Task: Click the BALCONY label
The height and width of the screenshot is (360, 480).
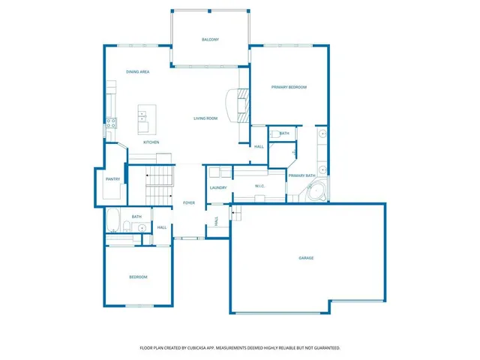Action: coord(210,40)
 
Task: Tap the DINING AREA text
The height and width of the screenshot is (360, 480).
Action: coord(137,72)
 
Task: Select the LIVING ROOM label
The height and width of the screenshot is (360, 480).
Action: coord(205,118)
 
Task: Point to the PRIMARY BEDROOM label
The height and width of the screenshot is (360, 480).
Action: coord(289,88)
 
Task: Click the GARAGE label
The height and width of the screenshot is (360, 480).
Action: coord(306,258)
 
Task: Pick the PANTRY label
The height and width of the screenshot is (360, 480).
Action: coord(112,179)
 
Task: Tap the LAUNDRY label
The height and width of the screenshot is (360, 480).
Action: coord(218,188)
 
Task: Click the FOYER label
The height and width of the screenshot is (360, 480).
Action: coord(189,203)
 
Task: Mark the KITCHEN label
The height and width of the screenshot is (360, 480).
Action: coord(151,142)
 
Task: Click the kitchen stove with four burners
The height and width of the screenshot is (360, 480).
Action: coord(111,124)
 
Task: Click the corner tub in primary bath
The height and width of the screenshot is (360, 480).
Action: coord(316,191)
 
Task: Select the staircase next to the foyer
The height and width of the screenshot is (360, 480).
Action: coord(159,184)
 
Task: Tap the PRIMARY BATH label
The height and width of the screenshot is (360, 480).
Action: coord(301,175)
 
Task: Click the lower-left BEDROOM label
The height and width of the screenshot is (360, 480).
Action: coord(138,277)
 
